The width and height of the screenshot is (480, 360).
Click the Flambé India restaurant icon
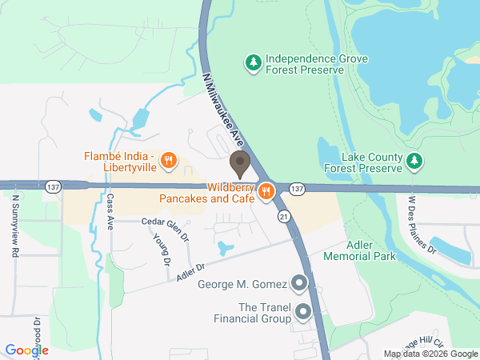coord(168,161)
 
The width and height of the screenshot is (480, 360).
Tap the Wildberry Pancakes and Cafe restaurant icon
coord(266,191)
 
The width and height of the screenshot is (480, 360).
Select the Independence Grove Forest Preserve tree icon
coord(254,62)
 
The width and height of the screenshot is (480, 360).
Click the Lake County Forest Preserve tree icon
coord(414,162)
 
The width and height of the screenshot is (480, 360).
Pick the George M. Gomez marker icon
coord(299,282)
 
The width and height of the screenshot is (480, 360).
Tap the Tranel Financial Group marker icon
coord(302,311)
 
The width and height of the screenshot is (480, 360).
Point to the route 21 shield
coord(284,216)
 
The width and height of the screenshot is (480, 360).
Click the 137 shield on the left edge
coord(53,185)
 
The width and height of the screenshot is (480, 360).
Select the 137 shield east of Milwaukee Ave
coord(297,188)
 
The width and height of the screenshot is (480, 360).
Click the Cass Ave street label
coord(110,210)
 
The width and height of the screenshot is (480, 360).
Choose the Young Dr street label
coord(161,250)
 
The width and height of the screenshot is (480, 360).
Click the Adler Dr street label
coord(192,273)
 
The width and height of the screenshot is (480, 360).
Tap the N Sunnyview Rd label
coord(15,225)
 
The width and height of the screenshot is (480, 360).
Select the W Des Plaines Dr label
coord(422,223)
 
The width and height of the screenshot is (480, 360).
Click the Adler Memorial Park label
coord(360,250)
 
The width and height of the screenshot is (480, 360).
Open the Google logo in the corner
coord(26,350)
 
